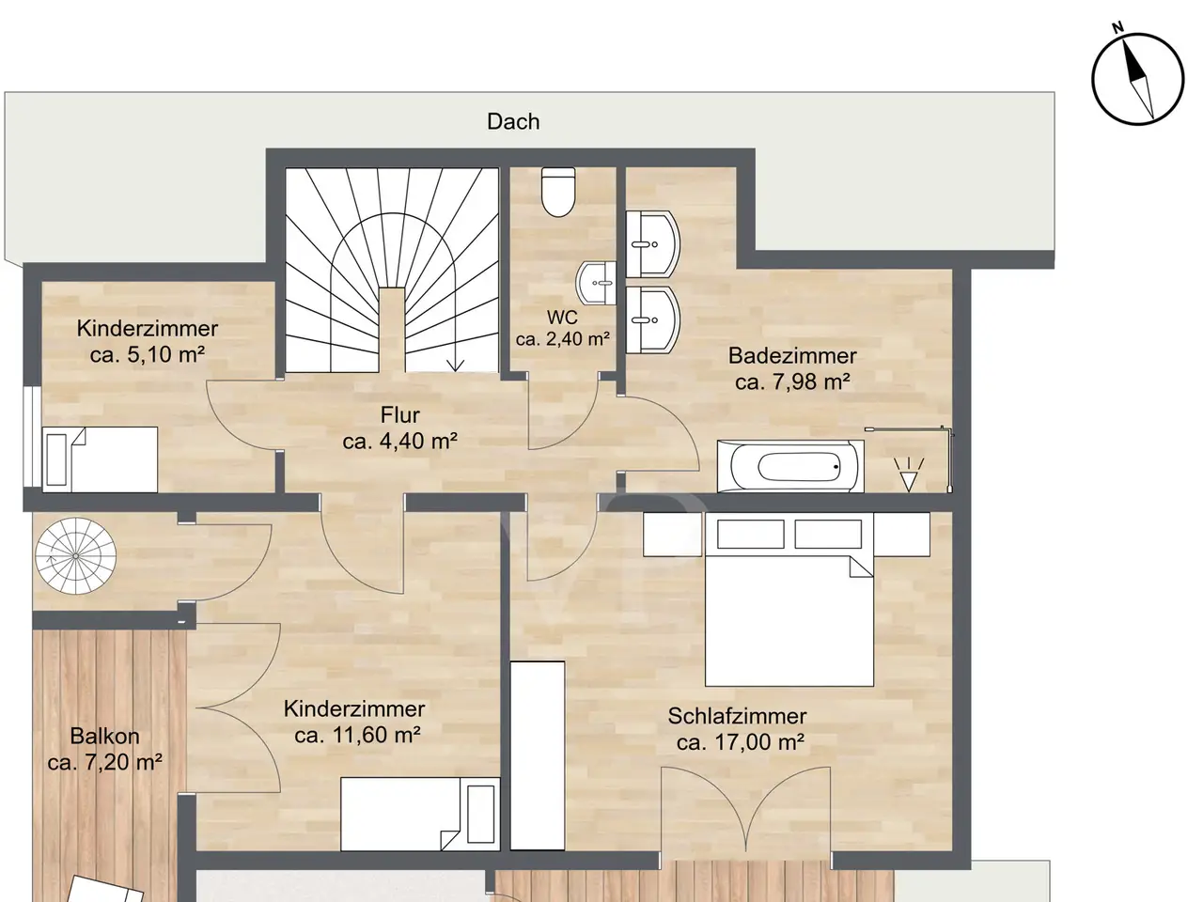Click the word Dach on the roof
tap(513, 121)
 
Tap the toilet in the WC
tap(558, 191)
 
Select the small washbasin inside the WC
tap(596, 283)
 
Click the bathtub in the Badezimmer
tap(790, 466)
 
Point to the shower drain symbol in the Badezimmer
tap(909, 474)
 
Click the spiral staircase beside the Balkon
tap(75, 556)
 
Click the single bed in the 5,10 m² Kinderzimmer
tap(100, 459)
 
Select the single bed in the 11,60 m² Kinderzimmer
tap(420, 814)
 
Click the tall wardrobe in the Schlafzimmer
tap(537, 755)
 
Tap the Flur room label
tap(400, 415)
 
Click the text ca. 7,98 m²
tap(792, 381)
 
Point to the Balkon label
tap(104, 736)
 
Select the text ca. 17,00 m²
tap(740, 742)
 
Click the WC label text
tap(562, 317)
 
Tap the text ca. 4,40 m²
tap(400, 441)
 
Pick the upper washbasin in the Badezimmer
tap(653, 244)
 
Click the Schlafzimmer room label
tap(737, 716)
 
